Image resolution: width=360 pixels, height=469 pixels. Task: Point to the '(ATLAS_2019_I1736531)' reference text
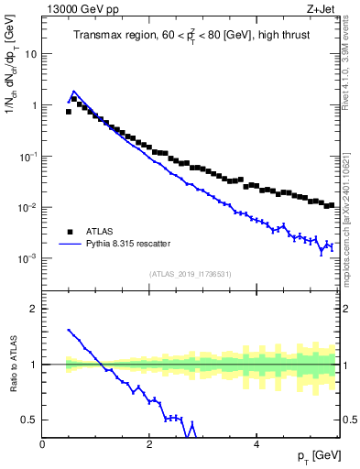[x=191, y=274]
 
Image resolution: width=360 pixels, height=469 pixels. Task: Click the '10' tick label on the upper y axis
[x=31, y=54]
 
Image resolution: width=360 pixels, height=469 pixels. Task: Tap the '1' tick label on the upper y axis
[x=35, y=105]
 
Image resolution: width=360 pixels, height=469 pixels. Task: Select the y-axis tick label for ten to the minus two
[x=29, y=207]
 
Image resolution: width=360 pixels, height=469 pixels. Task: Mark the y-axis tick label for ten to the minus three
[x=29, y=258]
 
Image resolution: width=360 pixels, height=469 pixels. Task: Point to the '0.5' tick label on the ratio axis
[x=30, y=420]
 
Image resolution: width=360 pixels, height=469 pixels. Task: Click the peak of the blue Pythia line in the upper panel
[x=73, y=92]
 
